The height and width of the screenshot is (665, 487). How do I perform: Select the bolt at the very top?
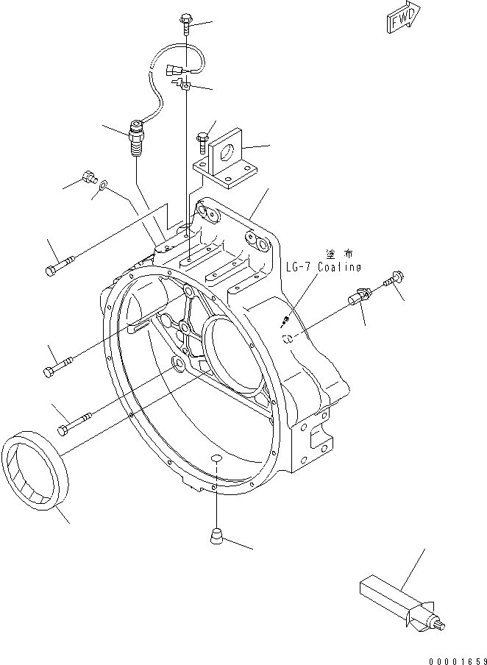coord(184,25)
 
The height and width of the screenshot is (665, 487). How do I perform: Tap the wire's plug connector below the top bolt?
coord(174,71)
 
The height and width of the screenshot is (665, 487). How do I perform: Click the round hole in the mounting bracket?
coord(226,152)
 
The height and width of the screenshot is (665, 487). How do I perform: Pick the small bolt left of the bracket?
coord(202,138)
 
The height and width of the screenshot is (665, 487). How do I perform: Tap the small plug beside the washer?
coord(88,177)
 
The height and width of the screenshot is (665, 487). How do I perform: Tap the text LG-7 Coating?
coord(324,268)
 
